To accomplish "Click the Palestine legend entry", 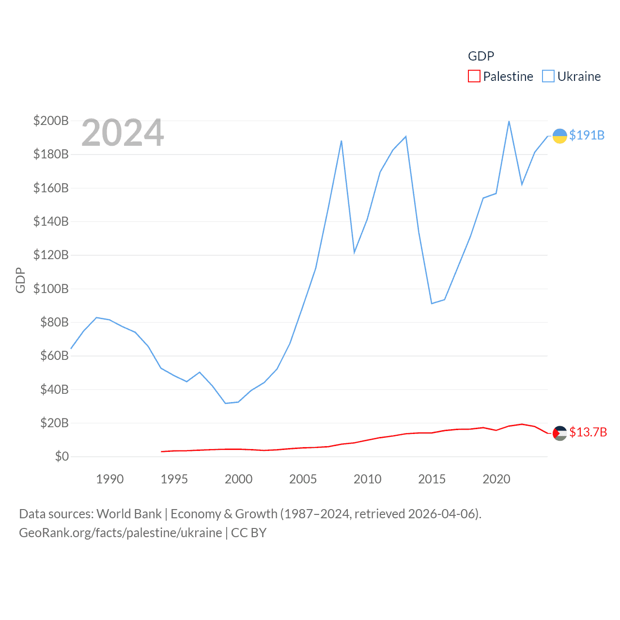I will (x=501, y=77).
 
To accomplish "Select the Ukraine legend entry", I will (x=572, y=77).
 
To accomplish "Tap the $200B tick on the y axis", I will (x=51, y=121).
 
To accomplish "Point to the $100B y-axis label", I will (x=51, y=289).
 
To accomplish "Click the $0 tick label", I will (x=62, y=456).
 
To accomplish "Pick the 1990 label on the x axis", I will (x=110, y=479).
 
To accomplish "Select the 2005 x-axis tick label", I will (x=303, y=479).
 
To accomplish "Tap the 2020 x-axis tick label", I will (x=496, y=479).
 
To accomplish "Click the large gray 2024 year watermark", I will (x=123, y=133).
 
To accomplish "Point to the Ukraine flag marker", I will (x=560, y=136).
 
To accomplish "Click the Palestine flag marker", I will (x=560, y=433).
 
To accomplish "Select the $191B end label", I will (x=587, y=135).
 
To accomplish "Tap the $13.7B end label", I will (x=588, y=432).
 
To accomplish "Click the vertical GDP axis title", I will (x=20, y=280).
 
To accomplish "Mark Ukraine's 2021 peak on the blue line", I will (x=509, y=121).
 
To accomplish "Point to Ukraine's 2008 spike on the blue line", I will (x=341, y=141).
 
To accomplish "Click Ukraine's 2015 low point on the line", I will (x=432, y=303).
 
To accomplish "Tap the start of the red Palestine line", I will (x=162, y=451).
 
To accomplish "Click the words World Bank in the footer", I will (x=129, y=514).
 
